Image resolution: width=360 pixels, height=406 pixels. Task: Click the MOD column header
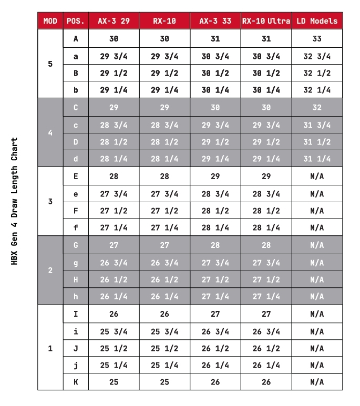[50, 21]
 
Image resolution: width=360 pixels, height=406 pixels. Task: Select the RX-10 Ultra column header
[266, 21]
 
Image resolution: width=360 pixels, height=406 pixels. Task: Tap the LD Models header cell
[317, 21]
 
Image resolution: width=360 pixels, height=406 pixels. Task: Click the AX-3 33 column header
[215, 21]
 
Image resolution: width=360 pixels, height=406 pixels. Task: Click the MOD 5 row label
[50, 64]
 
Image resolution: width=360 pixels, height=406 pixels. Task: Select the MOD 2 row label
[50, 271]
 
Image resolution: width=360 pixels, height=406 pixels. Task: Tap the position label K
[76, 382]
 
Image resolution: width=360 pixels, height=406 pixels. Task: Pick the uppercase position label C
[76, 108]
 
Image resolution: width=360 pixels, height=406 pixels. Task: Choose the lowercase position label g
[76, 263]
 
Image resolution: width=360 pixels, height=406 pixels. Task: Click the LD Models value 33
[317, 39]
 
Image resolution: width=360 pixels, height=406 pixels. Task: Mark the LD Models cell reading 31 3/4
[317, 125]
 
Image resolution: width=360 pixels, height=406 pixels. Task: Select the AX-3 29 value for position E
[114, 176]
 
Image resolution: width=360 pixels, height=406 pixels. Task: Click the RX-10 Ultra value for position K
[266, 382]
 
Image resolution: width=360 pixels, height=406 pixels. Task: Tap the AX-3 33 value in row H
[215, 279]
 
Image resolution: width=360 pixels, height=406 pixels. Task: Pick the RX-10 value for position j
[164, 365]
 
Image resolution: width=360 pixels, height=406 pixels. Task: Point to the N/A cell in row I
[317, 314]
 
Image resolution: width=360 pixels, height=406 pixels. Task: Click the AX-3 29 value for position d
[114, 159]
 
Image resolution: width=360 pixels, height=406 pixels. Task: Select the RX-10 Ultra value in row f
[266, 227]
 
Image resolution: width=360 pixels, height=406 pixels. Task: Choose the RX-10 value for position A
[164, 39]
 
